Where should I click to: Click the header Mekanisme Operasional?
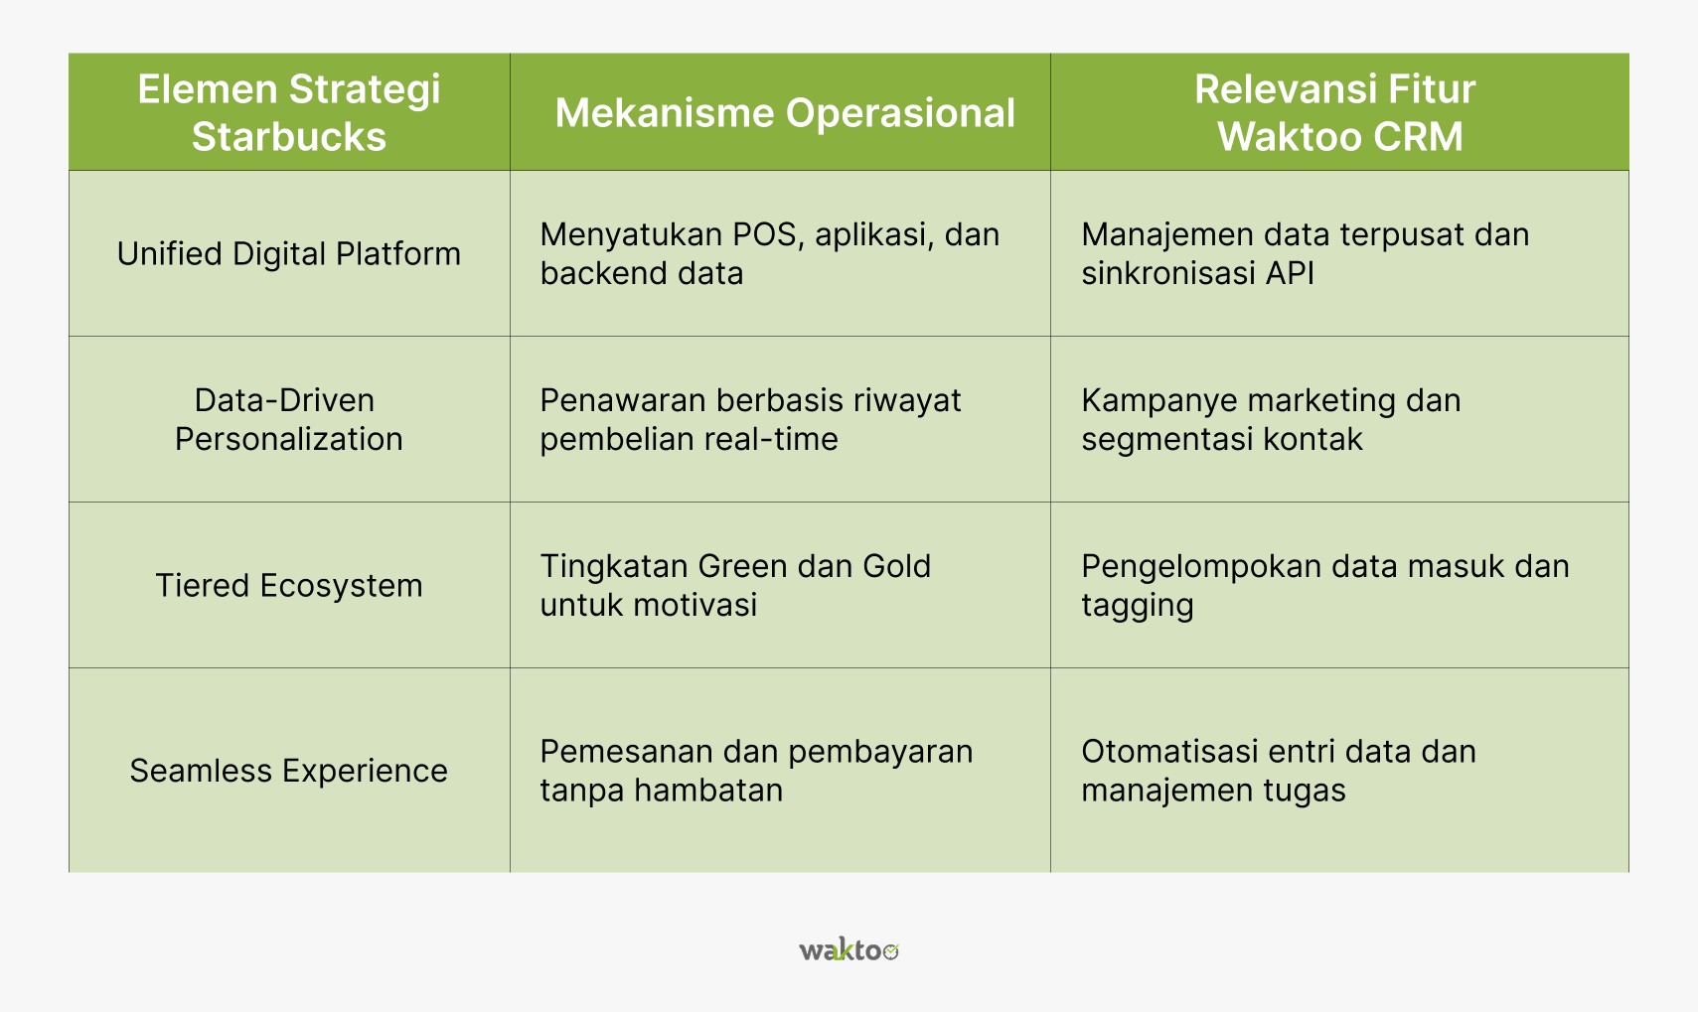785,113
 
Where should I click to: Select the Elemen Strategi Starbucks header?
289,112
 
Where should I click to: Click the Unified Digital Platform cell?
289,254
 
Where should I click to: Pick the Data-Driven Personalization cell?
289,420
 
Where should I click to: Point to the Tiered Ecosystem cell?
289,586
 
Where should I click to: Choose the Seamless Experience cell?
289,771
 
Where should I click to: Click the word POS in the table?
765,234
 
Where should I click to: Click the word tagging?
1137,606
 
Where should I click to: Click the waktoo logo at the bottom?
849,949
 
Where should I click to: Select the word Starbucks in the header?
289,136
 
